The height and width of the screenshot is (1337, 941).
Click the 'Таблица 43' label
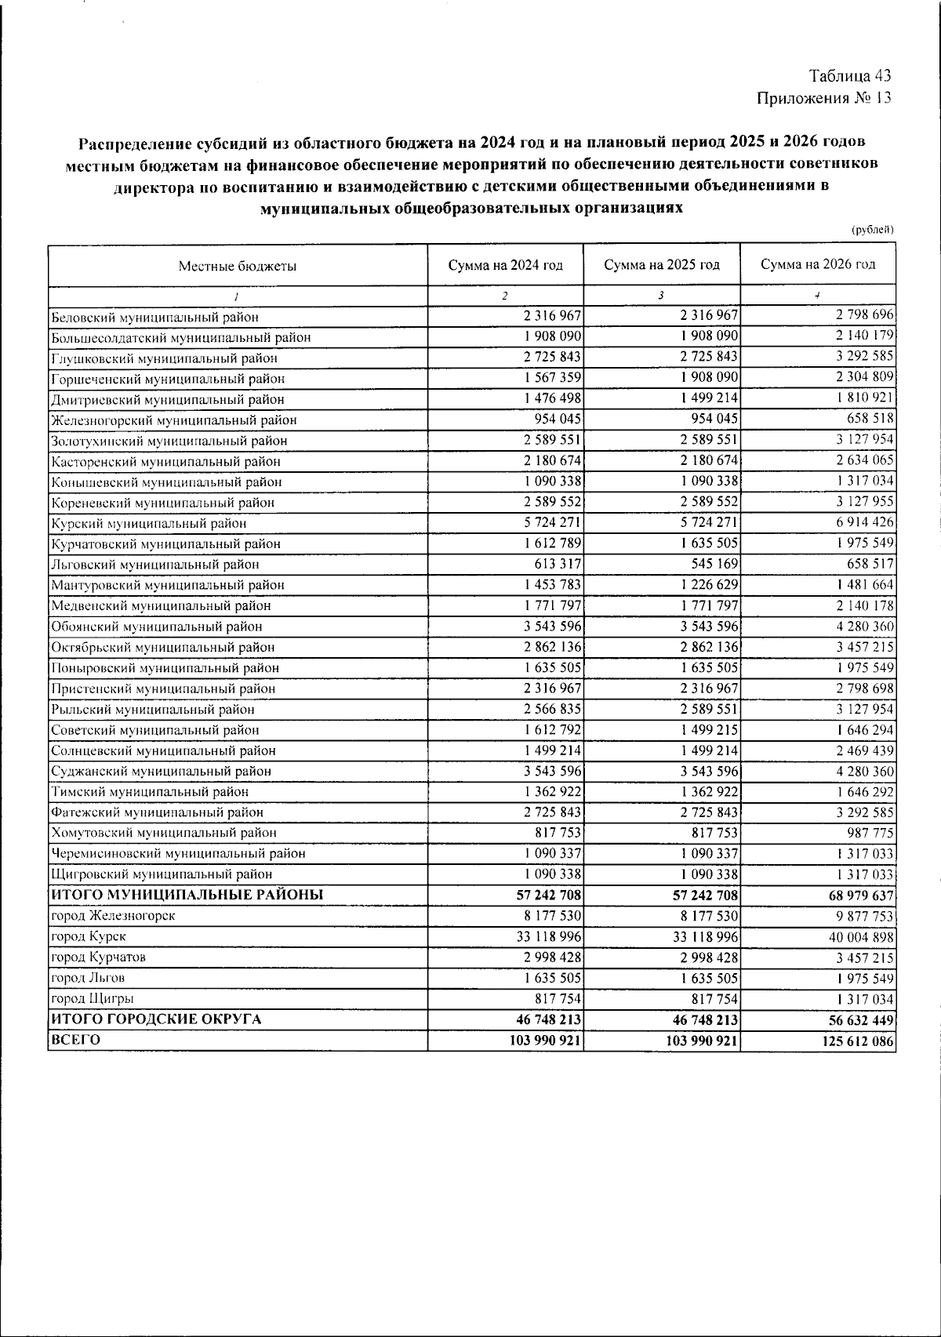850,76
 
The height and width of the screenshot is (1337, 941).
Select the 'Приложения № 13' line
823,98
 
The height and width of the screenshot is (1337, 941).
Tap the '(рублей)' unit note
872,230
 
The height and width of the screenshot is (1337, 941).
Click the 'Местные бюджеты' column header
237,266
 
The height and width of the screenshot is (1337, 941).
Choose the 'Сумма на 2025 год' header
662,265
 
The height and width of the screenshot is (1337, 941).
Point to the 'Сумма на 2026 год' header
818,264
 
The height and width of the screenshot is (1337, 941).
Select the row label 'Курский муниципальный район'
149,523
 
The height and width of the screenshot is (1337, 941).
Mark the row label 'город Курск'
88,936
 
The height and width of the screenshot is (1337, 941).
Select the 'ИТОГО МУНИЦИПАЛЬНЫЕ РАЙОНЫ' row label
187,895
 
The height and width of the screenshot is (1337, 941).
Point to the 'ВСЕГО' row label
76,1040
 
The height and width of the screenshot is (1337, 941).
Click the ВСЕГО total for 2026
855,1041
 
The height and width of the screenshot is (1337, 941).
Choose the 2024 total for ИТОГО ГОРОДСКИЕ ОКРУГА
546,1019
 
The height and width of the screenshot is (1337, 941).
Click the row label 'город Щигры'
92,998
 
